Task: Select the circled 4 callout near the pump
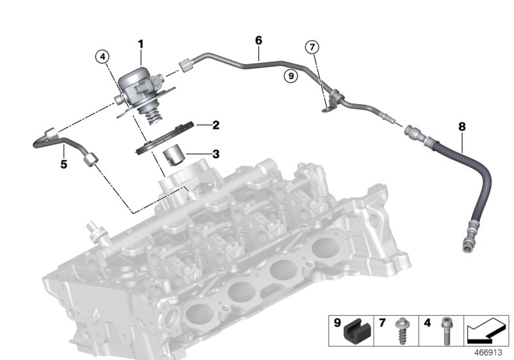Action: [x=102, y=57]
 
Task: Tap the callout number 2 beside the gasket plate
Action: [x=199, y=125]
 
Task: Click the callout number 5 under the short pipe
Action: [x=64, y=165]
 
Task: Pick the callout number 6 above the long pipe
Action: [x=259, y=40]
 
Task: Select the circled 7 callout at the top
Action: [x=312, y=47]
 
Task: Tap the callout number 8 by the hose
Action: [x=461, y=127]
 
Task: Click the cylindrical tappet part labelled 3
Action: [x=173, y=156]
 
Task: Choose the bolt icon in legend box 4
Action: [x=443, y=333]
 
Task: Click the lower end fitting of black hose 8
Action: [x=468, y=245]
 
